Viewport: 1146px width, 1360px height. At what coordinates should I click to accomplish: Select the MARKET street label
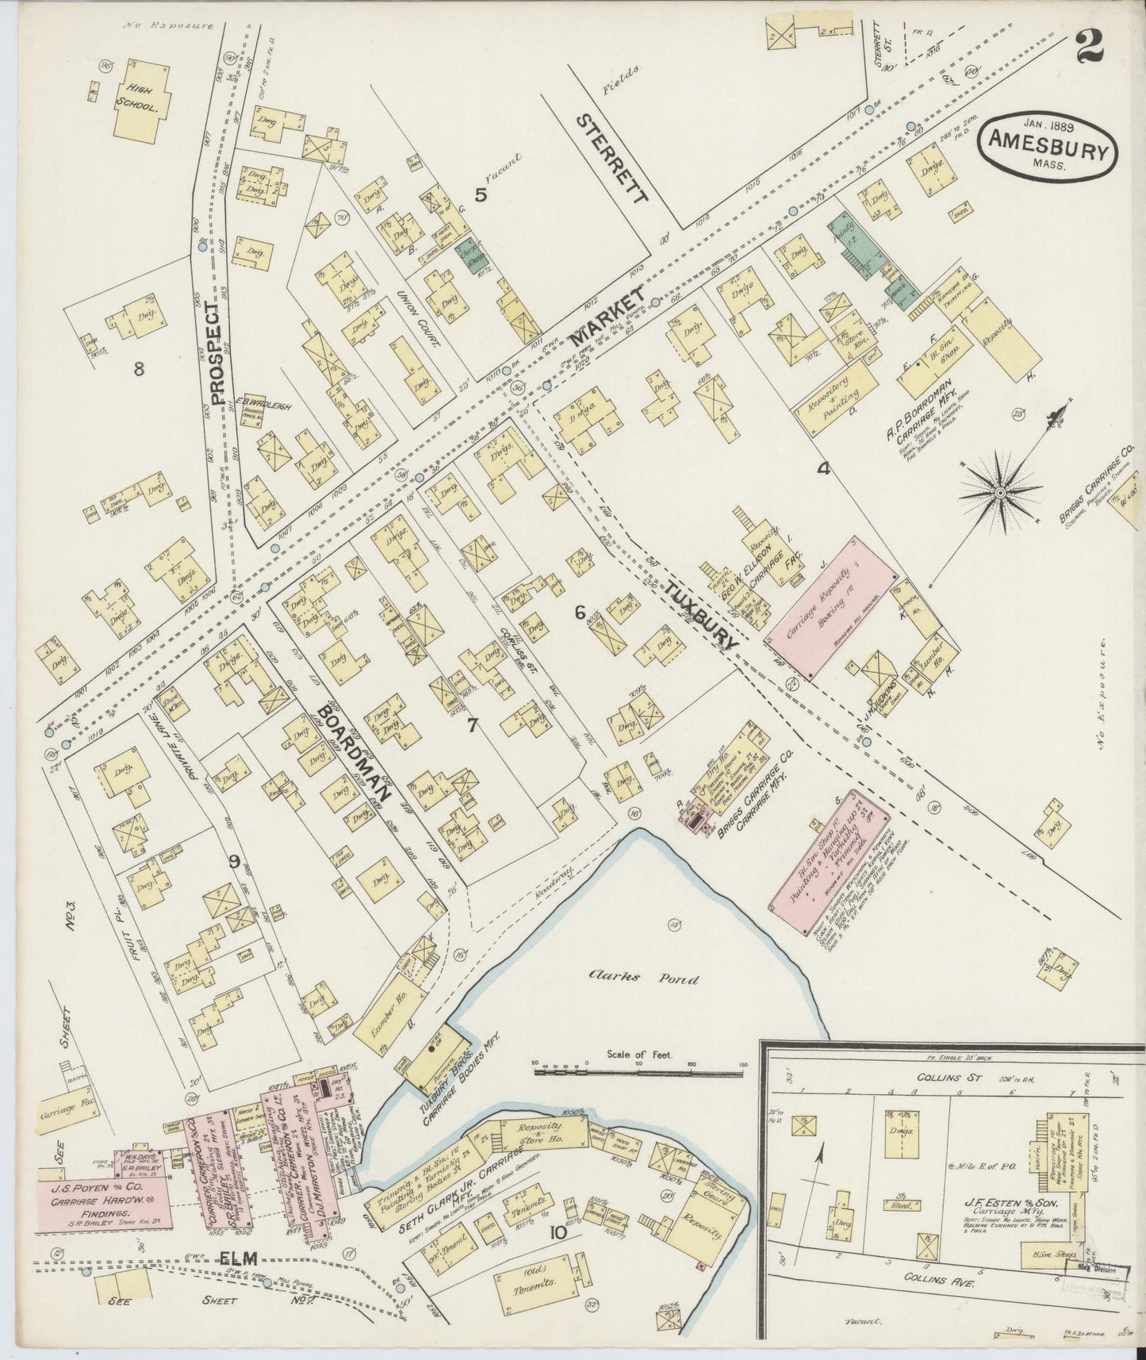[x=604, y=317]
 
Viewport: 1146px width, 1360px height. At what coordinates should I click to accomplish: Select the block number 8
[x=139, y=369]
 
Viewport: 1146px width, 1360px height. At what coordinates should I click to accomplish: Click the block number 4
[x=823, y=469]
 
